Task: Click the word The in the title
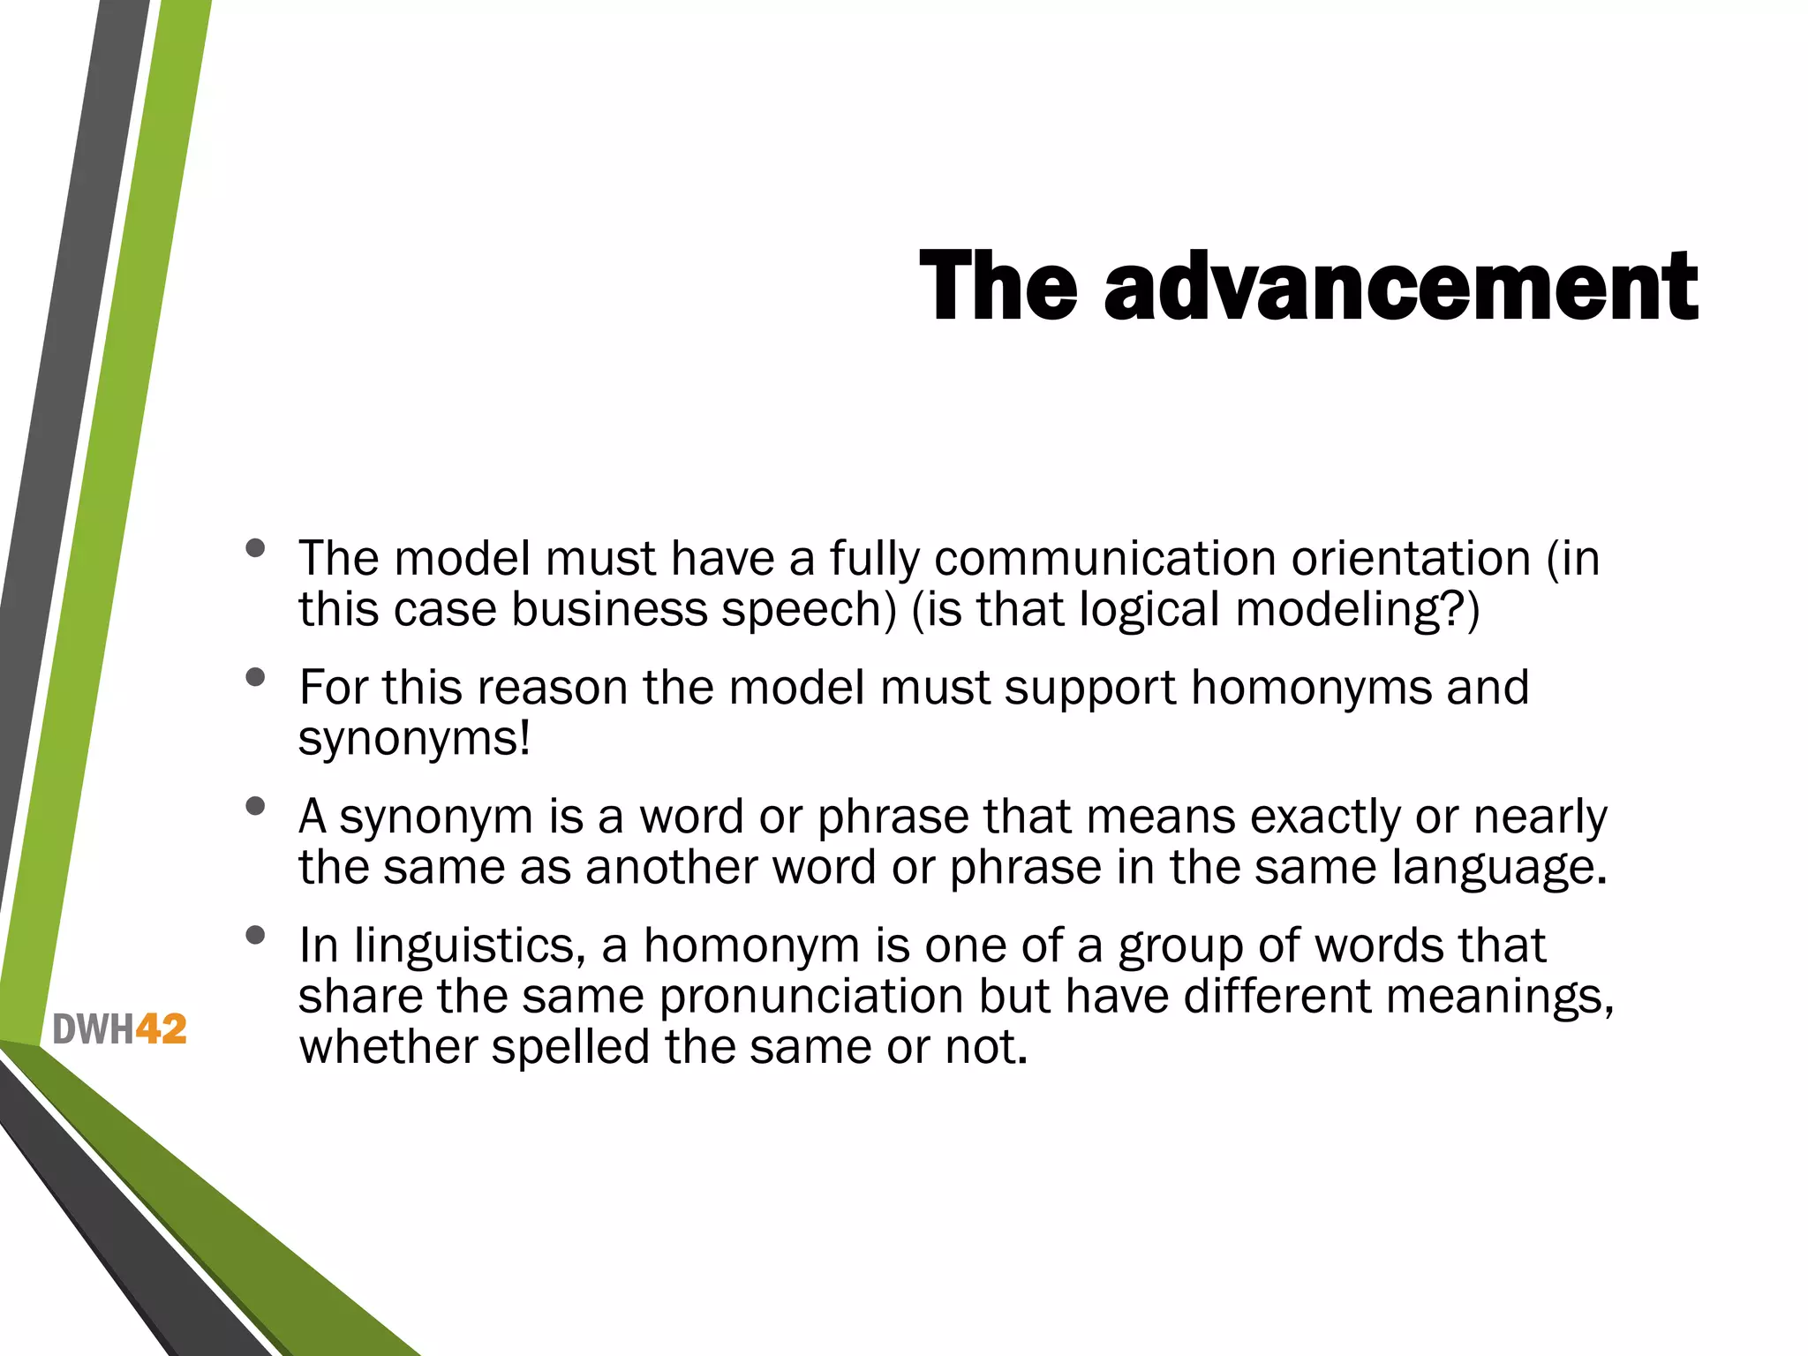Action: coord(998,286)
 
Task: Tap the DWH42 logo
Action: coord(120,1029)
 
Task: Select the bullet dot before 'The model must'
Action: coord(256,548)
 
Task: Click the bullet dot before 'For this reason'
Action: coord(256,677)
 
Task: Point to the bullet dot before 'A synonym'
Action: coord(256,806)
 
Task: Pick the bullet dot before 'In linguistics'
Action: coord(256,935)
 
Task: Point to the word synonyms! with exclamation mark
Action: coord(415,739)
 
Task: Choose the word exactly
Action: coord(1318,817)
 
